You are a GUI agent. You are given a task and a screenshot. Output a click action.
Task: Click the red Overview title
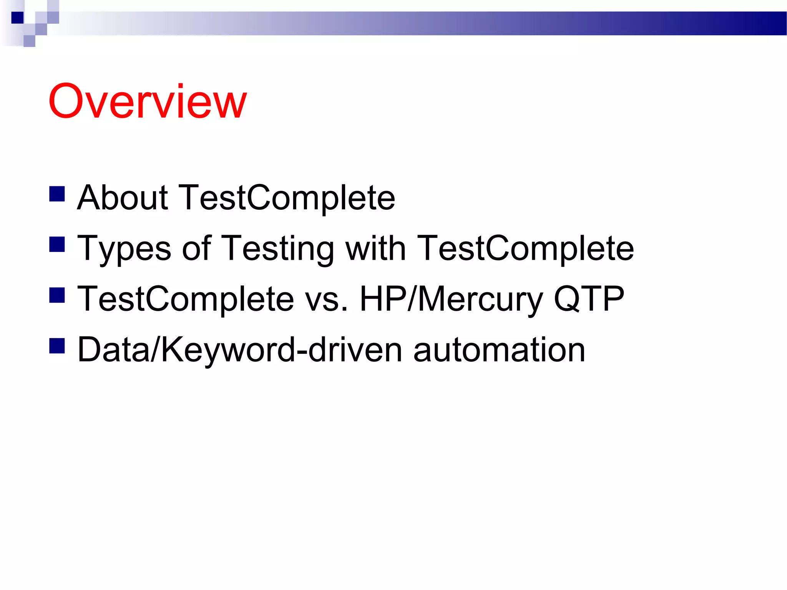click(x=148, y=102)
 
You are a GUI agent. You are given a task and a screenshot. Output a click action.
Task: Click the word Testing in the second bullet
click(x=278, y=249)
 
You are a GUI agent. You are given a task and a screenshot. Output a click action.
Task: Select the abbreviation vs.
click(x=326, y=300)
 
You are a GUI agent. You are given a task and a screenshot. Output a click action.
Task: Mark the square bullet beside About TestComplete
click(x=57, y=194)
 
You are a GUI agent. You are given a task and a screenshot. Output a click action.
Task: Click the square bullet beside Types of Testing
click(x=57, y=244)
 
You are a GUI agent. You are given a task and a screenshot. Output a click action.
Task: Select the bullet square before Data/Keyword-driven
click(x=57, y=345)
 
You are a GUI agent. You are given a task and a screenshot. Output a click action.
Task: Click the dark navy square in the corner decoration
click(x=17, y=18)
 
